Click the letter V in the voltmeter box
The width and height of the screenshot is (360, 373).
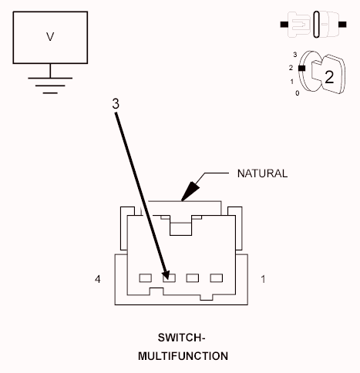[x=50, y=37]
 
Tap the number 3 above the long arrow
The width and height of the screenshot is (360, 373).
[x=116, y=104]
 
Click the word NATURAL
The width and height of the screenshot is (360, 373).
[x=262, y=173]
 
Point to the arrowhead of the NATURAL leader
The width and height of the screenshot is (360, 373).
[x=190, y=191]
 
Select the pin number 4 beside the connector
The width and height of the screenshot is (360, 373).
[x=98, y=279]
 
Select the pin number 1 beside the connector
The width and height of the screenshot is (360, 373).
[x=263, y=279]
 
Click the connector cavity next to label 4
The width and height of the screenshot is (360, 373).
[x=146, y=278]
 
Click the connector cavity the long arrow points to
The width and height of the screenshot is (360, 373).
[x=170, y=278]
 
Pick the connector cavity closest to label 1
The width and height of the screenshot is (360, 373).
[x=217, y=278]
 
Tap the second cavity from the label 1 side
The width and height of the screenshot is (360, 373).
[x=193, y=278]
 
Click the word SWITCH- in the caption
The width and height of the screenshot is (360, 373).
[x=181, y=338]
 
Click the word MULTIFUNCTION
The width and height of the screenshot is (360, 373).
[x=183, y=356]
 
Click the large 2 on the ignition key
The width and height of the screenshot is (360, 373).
[x=329, y=77]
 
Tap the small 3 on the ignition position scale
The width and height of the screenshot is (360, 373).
[x=295, y=55]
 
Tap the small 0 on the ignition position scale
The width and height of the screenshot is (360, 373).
[x=298, y=93]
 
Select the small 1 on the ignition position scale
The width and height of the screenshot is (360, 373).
[x=292, y=82]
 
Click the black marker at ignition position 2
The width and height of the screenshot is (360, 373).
[x=301, y=68]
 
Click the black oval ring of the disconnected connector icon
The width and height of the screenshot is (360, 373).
[x=317, y=25]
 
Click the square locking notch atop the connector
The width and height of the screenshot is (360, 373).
[x=180, y=229]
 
